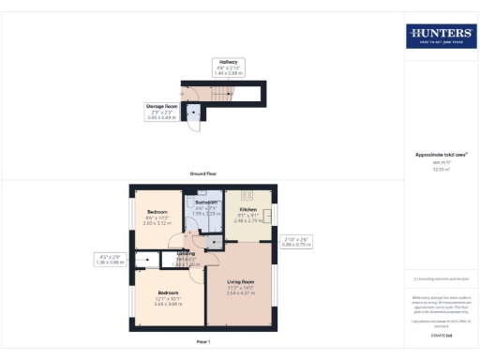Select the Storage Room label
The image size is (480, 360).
(162, 106)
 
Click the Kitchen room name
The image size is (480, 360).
(248, 209)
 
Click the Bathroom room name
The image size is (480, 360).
(206, 202)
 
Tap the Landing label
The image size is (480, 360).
(187, 253)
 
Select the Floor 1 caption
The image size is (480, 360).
(203, 340)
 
